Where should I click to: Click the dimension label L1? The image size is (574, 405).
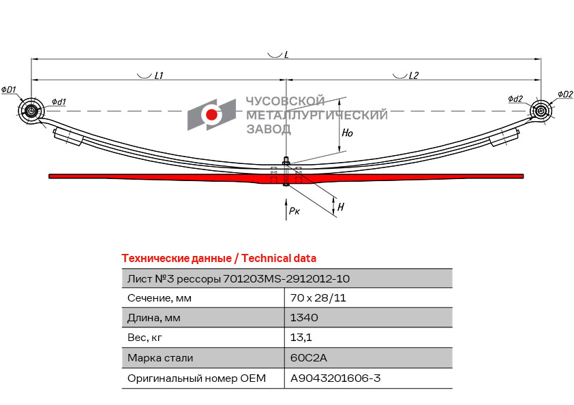[x=158, y=76]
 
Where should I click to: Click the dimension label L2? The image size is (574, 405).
[x=414, y=76]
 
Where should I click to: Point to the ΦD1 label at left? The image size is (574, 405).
[x=9, y=90]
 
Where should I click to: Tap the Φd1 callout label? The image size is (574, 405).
[x=59, y=102]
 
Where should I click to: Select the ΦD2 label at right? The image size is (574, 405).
[x=565, y=94]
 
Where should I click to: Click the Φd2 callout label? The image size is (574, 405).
[x=515, y=99]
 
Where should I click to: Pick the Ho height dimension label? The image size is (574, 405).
[x=347, y=133]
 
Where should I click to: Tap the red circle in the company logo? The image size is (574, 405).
[x=212, y=114]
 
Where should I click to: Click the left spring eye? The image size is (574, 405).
[x=31, y=111]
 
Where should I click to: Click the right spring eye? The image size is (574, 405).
[x=541, y=110]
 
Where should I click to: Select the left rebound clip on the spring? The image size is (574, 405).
[x=68, y=137]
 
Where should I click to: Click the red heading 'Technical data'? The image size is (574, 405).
[x=279, y=259]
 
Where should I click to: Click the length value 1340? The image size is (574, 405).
[x=304, y=318]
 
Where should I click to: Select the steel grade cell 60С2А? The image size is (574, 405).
[x=305, y=357]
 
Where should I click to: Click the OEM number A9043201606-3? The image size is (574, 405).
[x=335, y=378]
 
